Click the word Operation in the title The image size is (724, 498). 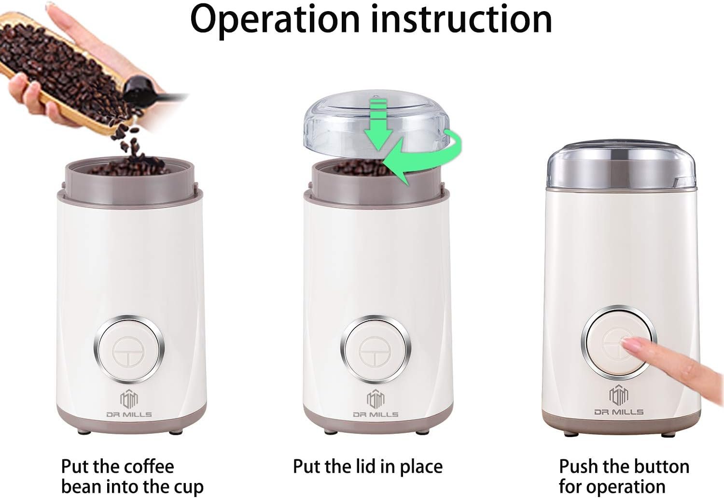[275, 20]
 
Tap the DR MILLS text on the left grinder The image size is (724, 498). [129, 414]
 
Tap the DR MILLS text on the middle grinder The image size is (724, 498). [376, 414]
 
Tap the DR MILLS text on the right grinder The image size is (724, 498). [619, 412]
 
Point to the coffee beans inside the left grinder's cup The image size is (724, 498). [129, 168]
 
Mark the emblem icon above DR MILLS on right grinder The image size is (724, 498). [619, 395]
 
